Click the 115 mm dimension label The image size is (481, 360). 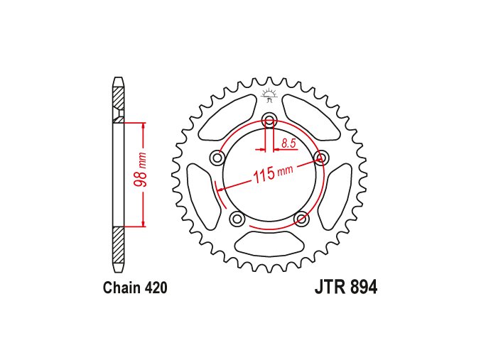pyautogui.click(x=273, y=173)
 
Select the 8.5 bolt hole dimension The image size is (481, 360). pyautogui.click(x=288, y=143)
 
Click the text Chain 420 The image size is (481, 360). pyautogui.click(x=135, y=288)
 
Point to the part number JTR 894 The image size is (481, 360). pyautogui.click(x=346, y=288)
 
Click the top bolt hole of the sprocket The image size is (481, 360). pyautogui.click(x=269, y=119)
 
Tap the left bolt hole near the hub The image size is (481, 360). pyautogui.click(x=217, y=158)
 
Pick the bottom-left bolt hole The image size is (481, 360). pyautogui.click(x=237, y=219)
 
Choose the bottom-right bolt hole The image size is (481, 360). pyautogui.click(x=301, y=219)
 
